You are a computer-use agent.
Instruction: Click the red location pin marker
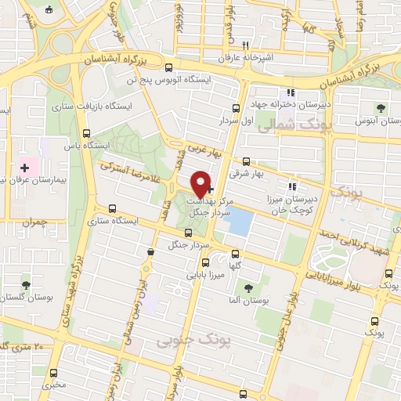201,183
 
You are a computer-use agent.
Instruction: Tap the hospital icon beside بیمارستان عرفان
25,167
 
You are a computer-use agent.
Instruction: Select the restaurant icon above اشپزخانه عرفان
245,45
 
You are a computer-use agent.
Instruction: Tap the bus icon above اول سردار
237,109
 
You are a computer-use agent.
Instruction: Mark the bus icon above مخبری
53,373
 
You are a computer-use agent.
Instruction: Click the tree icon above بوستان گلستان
27,285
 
